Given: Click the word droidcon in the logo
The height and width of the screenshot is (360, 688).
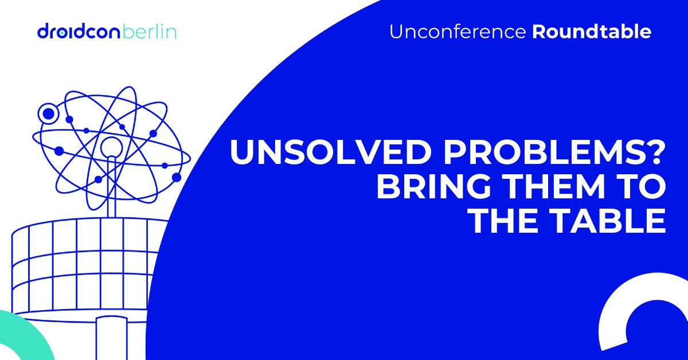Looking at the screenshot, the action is point(79,31).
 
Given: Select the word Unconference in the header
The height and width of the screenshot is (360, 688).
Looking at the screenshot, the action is point(458,32).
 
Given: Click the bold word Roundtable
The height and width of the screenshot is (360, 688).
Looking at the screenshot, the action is point(592,32).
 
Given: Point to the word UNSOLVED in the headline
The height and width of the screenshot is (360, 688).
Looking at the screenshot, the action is point(329,152).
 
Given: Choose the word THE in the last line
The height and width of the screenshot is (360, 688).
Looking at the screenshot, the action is point(507,221).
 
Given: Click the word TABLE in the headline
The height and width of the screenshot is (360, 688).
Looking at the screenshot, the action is point(609,221).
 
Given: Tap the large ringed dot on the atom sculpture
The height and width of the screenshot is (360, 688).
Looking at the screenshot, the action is point(48,114).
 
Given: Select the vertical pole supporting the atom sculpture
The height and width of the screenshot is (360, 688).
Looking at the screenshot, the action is point(111,187).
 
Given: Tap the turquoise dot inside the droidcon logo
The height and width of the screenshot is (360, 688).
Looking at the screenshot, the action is point(62,32).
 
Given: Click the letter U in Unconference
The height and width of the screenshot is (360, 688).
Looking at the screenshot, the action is point(397,32).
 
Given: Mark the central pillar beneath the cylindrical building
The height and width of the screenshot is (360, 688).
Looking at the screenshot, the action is point(111,338).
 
